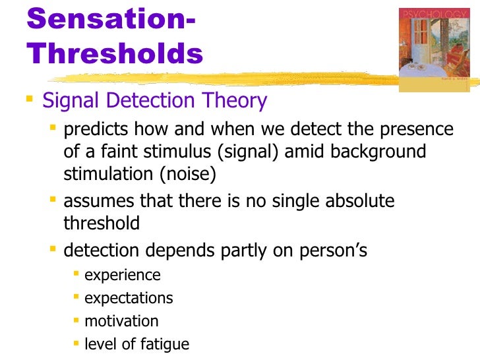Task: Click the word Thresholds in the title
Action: (115, 54)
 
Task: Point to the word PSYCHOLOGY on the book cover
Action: (428, 14)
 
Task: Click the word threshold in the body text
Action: (102, 223)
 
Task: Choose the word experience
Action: (123, 275)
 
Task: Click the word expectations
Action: (129, 298)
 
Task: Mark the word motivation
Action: (121, 321)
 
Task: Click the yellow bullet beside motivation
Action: (77, 321)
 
